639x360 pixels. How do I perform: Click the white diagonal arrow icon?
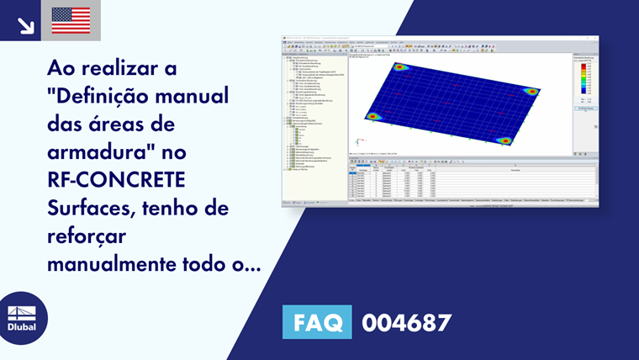25,25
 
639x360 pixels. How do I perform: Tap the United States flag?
71,20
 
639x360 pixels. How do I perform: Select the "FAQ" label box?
317,322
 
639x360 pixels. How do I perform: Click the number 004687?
407,323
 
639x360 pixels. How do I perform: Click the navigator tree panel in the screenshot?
314,122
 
